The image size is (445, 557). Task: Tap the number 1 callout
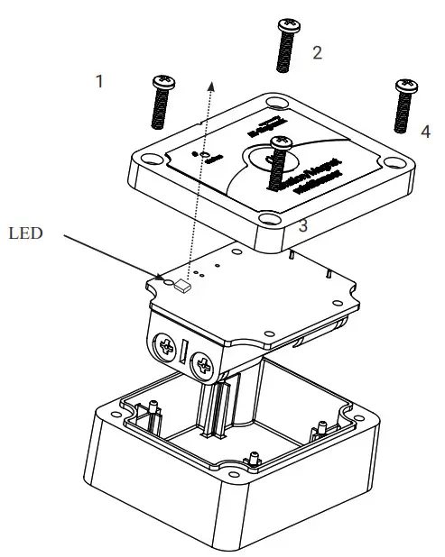[99, 81]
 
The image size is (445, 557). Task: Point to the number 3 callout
[303, 226]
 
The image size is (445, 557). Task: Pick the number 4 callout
[425, 131]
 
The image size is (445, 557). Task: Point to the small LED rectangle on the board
[183, 288]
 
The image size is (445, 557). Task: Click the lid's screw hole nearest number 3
[270, 219]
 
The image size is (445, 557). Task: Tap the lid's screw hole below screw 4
[393, 162]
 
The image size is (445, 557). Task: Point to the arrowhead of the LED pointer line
[162, 278]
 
